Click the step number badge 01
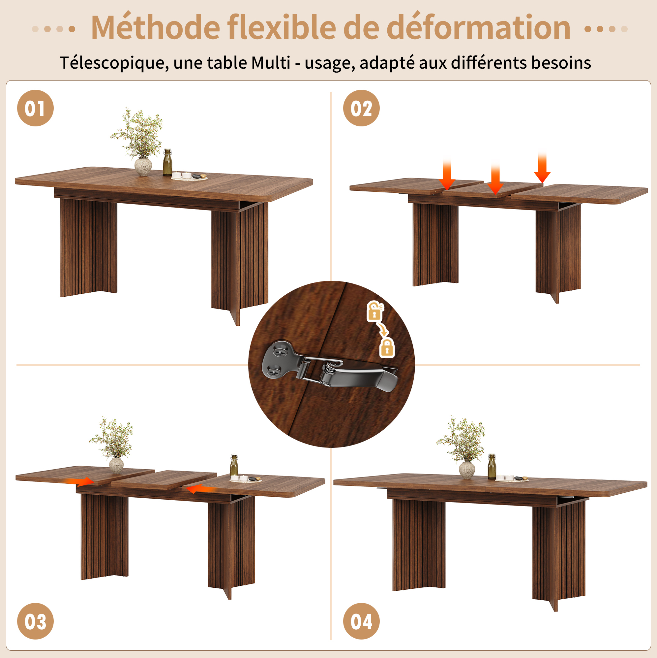(35, 108)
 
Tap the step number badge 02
(361, 108)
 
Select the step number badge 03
(35, 621)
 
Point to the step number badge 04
(361, 621)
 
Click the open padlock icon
(374, 311)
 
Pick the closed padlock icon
(387, 347)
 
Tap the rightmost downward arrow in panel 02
(542, 168)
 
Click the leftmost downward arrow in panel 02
(447, 174)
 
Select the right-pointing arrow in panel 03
(79, 481)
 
